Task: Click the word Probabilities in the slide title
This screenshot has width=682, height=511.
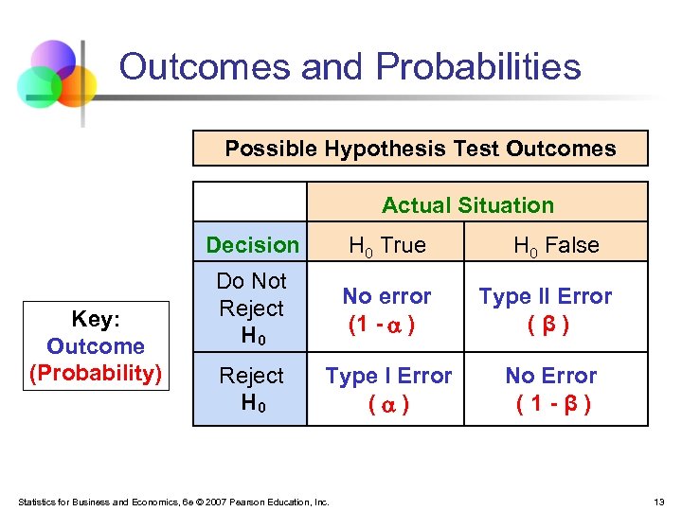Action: point(478,67)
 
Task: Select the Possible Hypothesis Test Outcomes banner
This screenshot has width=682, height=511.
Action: point(421,149)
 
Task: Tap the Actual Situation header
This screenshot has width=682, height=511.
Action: point(468,205)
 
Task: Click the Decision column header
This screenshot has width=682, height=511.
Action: point(252,245)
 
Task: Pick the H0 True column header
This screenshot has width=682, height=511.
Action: point(387,246)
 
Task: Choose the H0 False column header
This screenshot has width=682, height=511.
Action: point(556,246)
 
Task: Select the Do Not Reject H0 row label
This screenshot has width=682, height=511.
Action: point(251,308)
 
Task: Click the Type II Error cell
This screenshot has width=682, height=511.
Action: point(546,296)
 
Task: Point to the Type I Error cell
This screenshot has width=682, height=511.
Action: point(388,376)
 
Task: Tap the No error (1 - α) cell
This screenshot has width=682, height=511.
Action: point(386,310)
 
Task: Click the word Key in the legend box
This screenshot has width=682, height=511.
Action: point(95,320)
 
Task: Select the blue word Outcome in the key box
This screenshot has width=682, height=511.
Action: point(95,346)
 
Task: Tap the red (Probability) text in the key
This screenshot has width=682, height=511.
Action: point(95,373)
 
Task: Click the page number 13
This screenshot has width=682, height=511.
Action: point(657,501)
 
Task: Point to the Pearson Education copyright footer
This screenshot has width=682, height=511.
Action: point(172,502)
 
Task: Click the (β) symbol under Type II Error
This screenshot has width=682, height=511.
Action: point(547,325)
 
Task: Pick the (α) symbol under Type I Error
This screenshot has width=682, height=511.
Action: point(388,404)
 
